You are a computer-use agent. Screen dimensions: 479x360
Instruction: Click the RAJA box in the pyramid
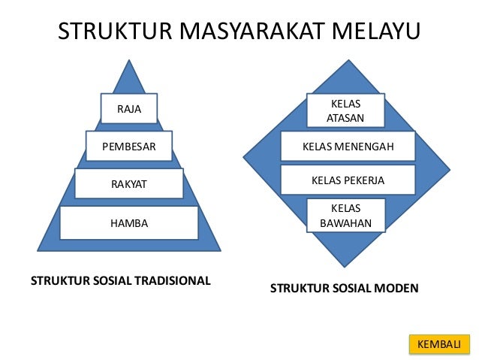coord(129,108)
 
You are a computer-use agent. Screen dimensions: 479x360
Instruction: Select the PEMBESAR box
coord(129,147)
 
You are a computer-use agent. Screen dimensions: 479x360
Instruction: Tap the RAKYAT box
coord(129,183)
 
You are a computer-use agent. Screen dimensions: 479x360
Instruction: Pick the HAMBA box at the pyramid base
coord(129,222)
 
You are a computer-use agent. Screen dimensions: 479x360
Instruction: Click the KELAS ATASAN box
coord(345,110)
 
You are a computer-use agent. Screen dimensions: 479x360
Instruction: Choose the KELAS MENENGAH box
coord(348,147)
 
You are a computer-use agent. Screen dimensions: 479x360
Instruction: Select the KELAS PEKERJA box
coord(348,181)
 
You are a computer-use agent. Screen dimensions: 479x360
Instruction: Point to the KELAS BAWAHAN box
coord(345,215)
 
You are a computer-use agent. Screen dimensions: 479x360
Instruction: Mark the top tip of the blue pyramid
coord(130,59)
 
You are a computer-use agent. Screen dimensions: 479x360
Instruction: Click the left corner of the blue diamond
coord(243,158)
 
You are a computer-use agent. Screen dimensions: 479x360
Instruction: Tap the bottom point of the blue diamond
coord(345,267)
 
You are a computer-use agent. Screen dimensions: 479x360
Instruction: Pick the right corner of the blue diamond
coord(448,158)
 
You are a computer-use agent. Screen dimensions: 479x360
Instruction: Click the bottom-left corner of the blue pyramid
coord(38,250)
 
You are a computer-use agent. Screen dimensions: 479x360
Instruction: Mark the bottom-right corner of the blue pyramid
coord(221,250)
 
